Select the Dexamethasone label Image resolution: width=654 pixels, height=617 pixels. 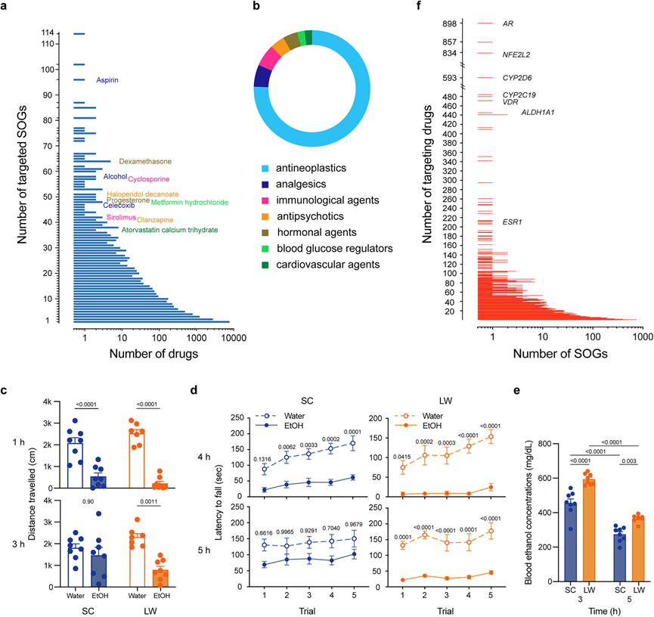tap(146, 161)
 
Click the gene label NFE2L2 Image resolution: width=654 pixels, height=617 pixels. tap(516, 55)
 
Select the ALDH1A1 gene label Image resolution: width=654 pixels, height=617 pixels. tap(538, 113)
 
